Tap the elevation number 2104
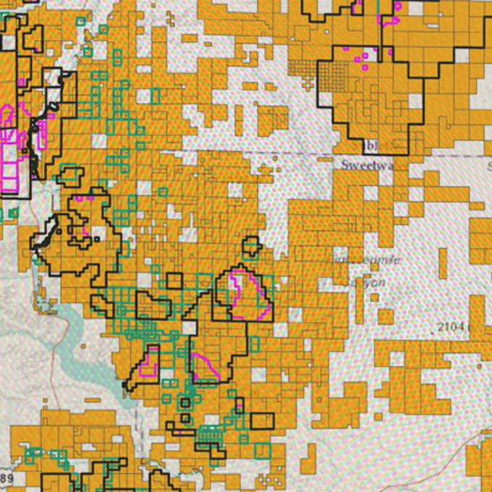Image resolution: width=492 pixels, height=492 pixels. [x=453, y=327]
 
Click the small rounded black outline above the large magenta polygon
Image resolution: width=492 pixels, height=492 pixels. [x=251, y=246]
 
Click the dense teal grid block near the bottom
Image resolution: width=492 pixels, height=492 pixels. [x=211, y=436]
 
